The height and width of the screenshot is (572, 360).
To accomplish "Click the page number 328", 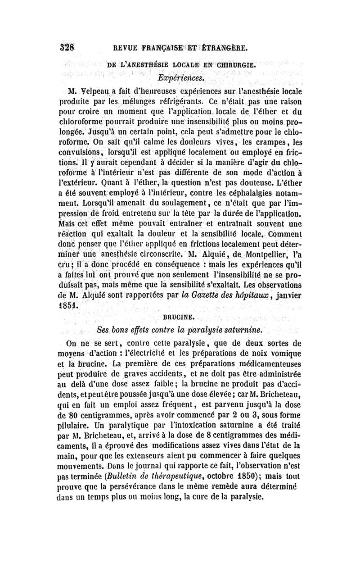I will click(x=67, y=47).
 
